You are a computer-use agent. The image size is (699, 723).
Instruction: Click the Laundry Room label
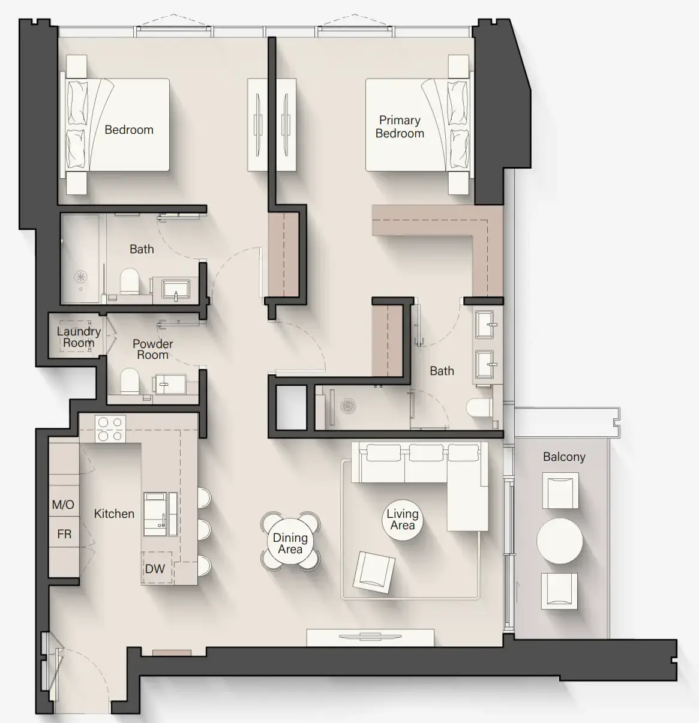click(79, 337)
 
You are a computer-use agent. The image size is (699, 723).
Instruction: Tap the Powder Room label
click(152, 349)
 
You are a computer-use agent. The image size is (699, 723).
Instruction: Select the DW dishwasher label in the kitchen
click(155, 568)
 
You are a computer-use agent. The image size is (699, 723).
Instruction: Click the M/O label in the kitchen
click(63, 505)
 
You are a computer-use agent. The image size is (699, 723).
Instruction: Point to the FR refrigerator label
click(64, 534)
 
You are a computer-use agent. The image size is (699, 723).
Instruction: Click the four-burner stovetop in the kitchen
click(110, 429)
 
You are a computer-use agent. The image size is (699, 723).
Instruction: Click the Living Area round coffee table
click(402, 520)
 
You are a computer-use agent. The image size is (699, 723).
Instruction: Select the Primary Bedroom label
click(400, 127)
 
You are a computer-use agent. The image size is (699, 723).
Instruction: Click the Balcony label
click(564, 457)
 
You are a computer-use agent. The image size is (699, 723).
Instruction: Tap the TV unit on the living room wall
click(370, 637)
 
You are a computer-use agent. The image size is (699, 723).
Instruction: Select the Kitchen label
click(114, 514)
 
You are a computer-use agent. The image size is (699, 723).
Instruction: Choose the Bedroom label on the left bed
click(129, 130)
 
